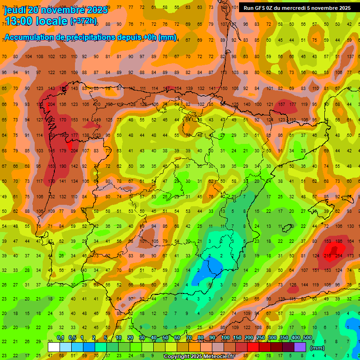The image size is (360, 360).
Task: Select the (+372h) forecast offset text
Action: click(83, 21)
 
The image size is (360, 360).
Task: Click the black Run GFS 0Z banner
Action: click(297, 7)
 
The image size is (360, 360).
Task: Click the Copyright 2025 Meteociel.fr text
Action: click(199, 357)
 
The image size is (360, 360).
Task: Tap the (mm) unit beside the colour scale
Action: click(317, 348)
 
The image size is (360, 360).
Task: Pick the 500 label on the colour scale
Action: click(307, 338)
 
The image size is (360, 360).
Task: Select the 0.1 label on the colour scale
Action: click(60, 338)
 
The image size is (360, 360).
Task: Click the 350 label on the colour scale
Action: click(284, 338)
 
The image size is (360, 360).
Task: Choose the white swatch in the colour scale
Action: click(54, 347)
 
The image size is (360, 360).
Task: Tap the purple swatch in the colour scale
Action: click(300, 347)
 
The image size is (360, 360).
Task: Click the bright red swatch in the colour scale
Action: click(253, 347)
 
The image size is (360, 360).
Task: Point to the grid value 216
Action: click(328, 256)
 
